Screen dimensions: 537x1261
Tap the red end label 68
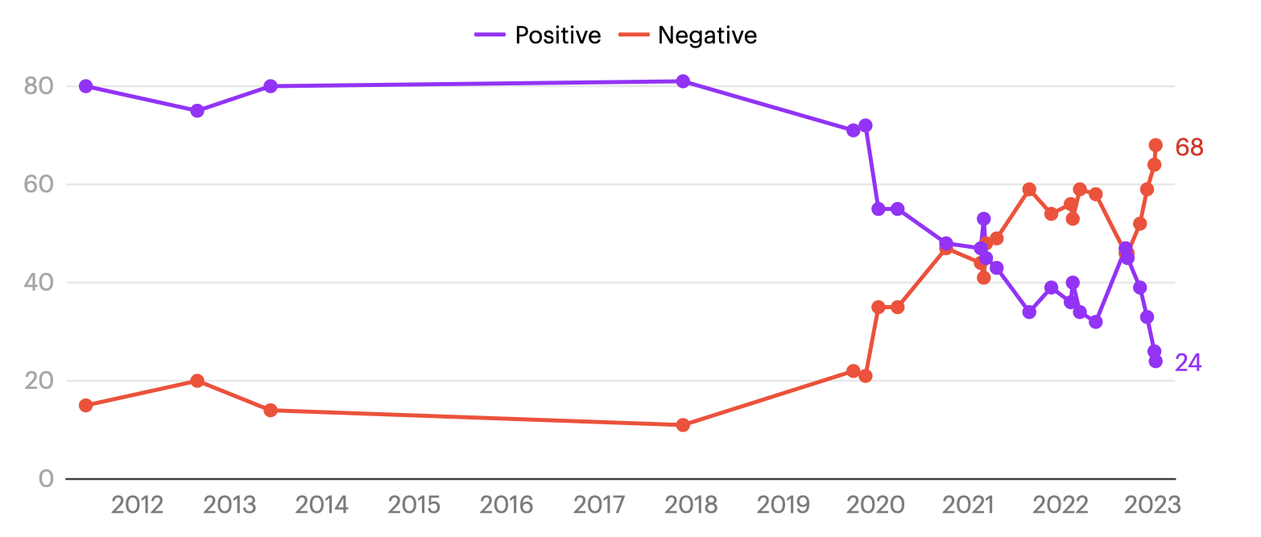pyautogui.click(x=1189, y=147)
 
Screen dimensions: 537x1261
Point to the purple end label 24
pyautogui.click(x=1188, y=363)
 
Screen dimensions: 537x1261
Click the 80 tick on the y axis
pyautogui.click(x=39, y=86)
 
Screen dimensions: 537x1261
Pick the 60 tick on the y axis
pyautogui.click(x=39, y=184)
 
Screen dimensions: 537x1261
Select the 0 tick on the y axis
pyautogui.click(x=46, y=479)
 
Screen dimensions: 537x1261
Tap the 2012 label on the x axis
pyautogui.click(x=137, y=505)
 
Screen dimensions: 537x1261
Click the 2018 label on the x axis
pyautogui.click(x=691, y=505)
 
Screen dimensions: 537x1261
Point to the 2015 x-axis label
pyautogui.click(x=414, y=505)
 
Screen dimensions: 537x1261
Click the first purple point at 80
pyautogui.click(x=86, y=86)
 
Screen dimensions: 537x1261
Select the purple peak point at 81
pyautogui.click(x=683, y=81)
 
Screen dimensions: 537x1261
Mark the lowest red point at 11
pyautogui.click(x=683, y=425)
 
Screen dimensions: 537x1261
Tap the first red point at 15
pyautogui.click(x=86, y=405)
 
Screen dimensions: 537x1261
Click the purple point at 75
pyautogui.click(x=196, y=110)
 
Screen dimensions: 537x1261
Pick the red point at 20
pyautogui.click(x=196, y=381)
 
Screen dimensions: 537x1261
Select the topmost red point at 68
pyautogui.click(x=1156, y=145)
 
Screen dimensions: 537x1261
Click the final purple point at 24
pyautogui.click(x=1156, y=361)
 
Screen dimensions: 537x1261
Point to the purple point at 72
pyautogui.click(x=866, y=126)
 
